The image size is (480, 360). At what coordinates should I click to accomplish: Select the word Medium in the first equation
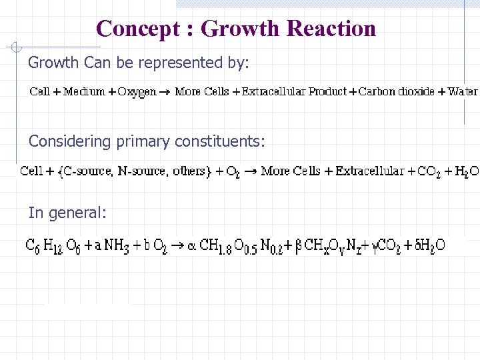click(85, 91)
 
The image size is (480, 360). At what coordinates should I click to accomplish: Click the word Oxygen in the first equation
click(137, 91)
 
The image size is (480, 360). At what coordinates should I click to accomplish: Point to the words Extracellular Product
click(294, 91)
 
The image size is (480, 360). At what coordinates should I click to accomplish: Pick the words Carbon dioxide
click(397, 91)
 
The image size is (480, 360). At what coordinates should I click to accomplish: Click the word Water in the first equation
click(463, 91)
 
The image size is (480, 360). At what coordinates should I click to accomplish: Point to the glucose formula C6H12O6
click(51, 245)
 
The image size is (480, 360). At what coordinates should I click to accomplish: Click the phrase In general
click(67, 213)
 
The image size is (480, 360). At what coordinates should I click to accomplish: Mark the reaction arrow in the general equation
click(179, 245)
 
